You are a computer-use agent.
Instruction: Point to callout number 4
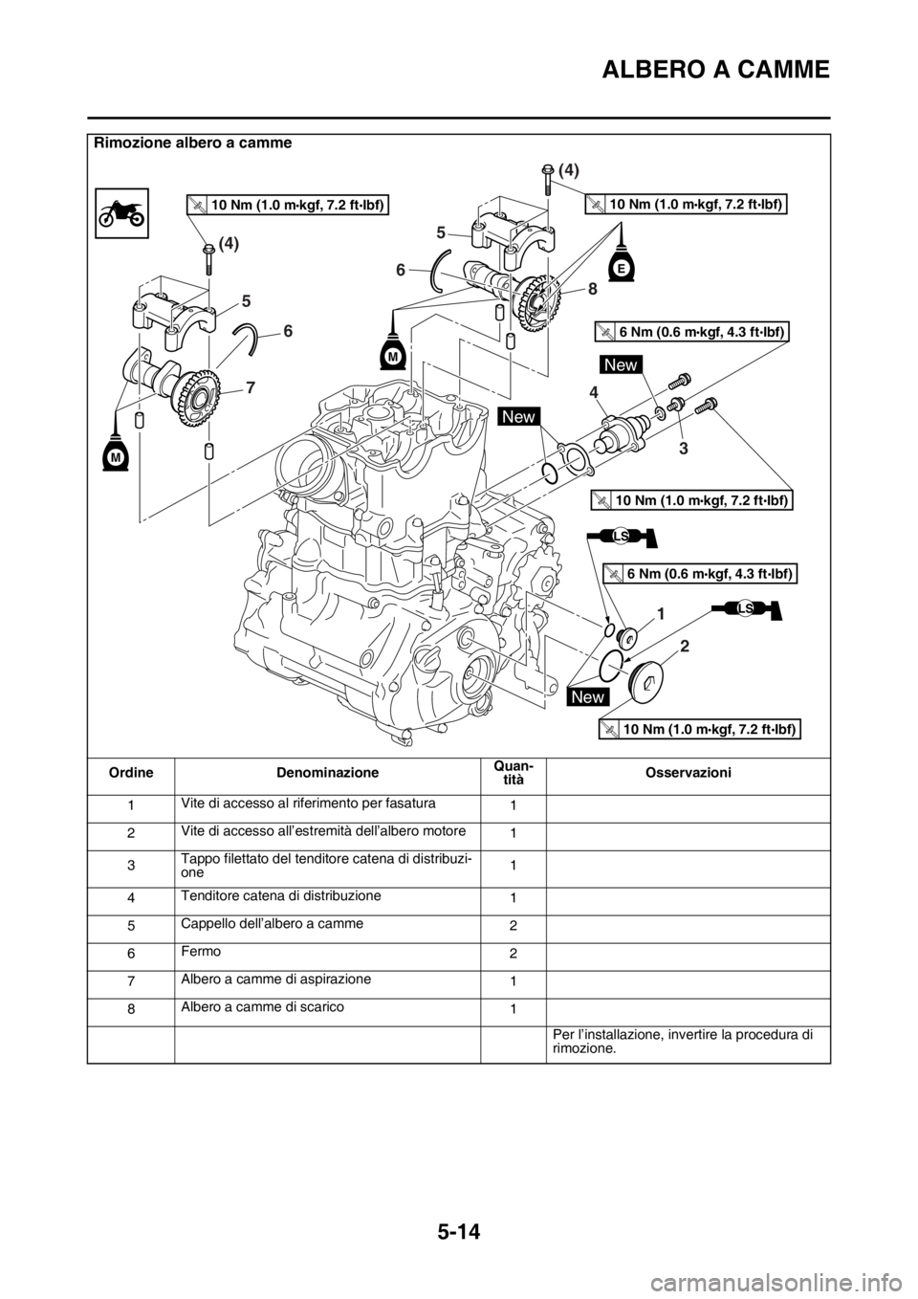pyautogui.click(x=595, y=392)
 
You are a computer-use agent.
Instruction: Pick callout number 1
pyautogui.click(x=660, y=609)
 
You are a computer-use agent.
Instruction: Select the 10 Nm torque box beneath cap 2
pyautogui.click(x=698, y=730)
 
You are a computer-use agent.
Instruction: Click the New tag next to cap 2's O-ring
pyautogui.click(x=588, y=696)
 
